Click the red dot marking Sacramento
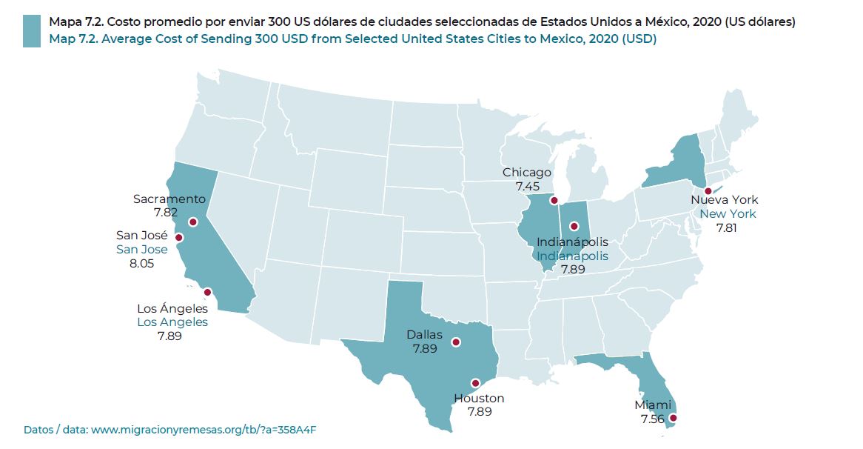(192, 222)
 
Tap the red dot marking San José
(178, 238)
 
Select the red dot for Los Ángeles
(207, 292)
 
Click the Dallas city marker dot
(456, 342)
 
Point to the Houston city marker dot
(475, 383)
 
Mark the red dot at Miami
(673, 419)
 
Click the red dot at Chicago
(554, 201)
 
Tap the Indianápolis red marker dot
(574, 226)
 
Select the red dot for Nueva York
(708, 191)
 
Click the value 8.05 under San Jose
(141, 263)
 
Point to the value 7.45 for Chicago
(528, 186)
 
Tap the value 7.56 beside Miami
(653, 419)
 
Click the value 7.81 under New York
(726, 227)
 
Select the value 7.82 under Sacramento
(166, 213)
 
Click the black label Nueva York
(724, 200)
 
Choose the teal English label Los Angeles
(172, 322)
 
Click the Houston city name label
(479, 399)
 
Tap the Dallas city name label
(424, 335)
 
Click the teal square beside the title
(32, 31)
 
